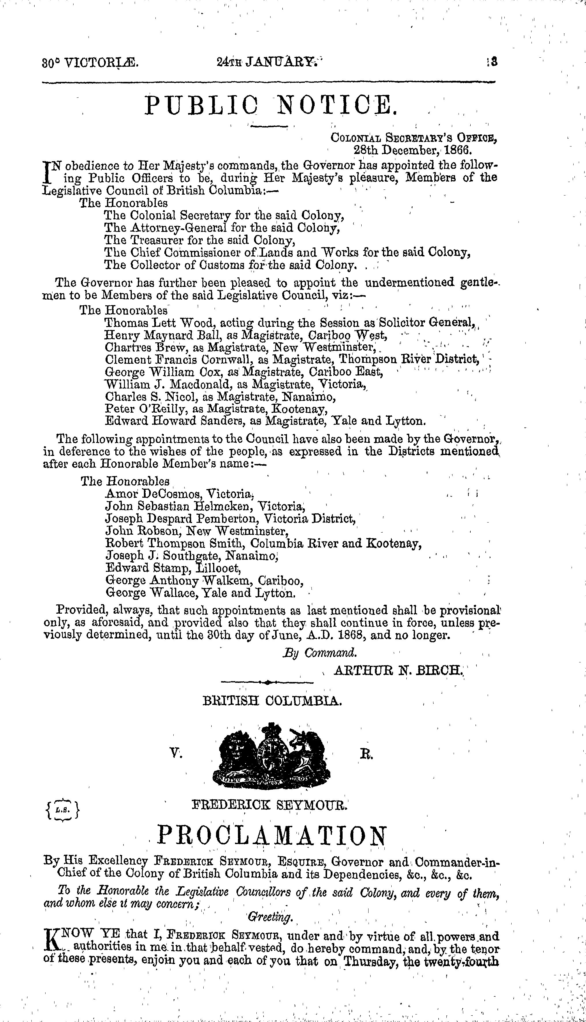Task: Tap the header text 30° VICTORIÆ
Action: tap(91, 63)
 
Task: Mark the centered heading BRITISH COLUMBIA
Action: tap(273, 702)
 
